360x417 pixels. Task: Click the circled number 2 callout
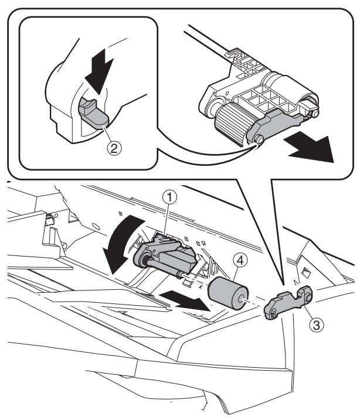point(114,148)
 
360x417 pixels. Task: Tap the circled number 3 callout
point(316,324)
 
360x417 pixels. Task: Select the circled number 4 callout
point(240,261)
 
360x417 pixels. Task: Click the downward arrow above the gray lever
point(99,71)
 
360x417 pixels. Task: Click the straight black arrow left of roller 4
point(186,300)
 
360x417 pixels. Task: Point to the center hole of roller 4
point(242,299)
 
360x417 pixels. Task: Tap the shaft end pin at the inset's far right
point(315,114)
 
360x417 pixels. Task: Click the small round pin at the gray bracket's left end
point(259,139)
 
